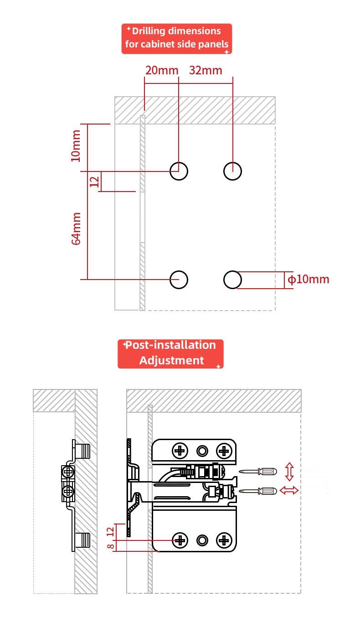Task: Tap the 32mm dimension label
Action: point(206,71)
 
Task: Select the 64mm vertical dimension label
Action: point(76,228)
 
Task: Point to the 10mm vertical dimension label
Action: point(76,145)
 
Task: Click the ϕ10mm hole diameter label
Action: point(309,279)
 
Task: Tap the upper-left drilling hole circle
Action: point(179,171)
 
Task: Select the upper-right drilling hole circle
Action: point(232,171)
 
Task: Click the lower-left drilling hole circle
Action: point(179,279)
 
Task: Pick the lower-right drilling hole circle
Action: point(232,279)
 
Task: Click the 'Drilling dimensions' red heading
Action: point(177,39)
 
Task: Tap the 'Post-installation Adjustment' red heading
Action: point(171,353)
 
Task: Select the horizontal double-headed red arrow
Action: point(289,490)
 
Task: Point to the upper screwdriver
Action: point(258,471)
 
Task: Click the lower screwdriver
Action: point(258,491)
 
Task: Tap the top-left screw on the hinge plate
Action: point(180,451)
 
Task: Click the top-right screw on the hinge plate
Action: point(223,451)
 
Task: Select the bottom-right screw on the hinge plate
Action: point(223,540)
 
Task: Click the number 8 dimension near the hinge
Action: point(110,546)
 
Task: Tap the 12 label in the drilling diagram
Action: point(95,182)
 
